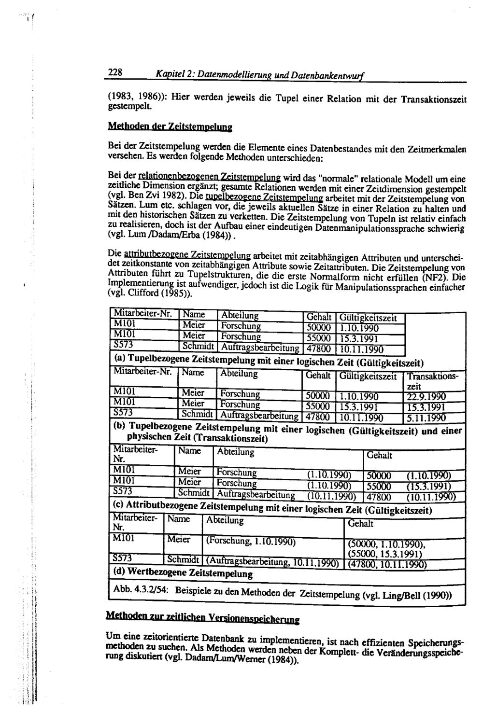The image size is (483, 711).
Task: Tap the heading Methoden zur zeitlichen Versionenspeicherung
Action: pyautogui.click(x=202, y=618)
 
